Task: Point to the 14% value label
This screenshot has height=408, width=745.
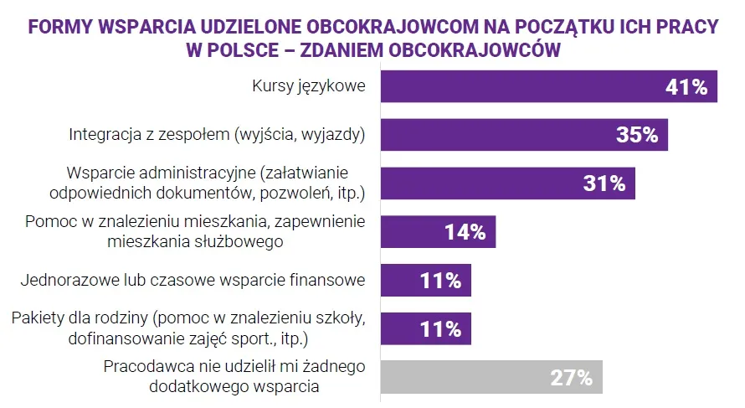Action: tap(465, 232)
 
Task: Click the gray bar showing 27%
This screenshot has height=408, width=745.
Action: tap(491, 378)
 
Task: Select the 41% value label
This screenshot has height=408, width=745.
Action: tap(686, 86)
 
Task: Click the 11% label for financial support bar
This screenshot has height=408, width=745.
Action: tap(440, 281)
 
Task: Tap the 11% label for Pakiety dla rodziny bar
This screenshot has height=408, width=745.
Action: tap(440, 328)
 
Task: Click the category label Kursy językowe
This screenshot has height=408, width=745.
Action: tap(309, 86)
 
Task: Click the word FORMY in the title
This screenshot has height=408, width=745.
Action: tap(59, 27)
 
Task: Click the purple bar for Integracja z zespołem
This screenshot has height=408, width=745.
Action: tap(524, 135)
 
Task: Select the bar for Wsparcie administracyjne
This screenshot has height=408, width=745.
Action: tap(507, 183)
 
